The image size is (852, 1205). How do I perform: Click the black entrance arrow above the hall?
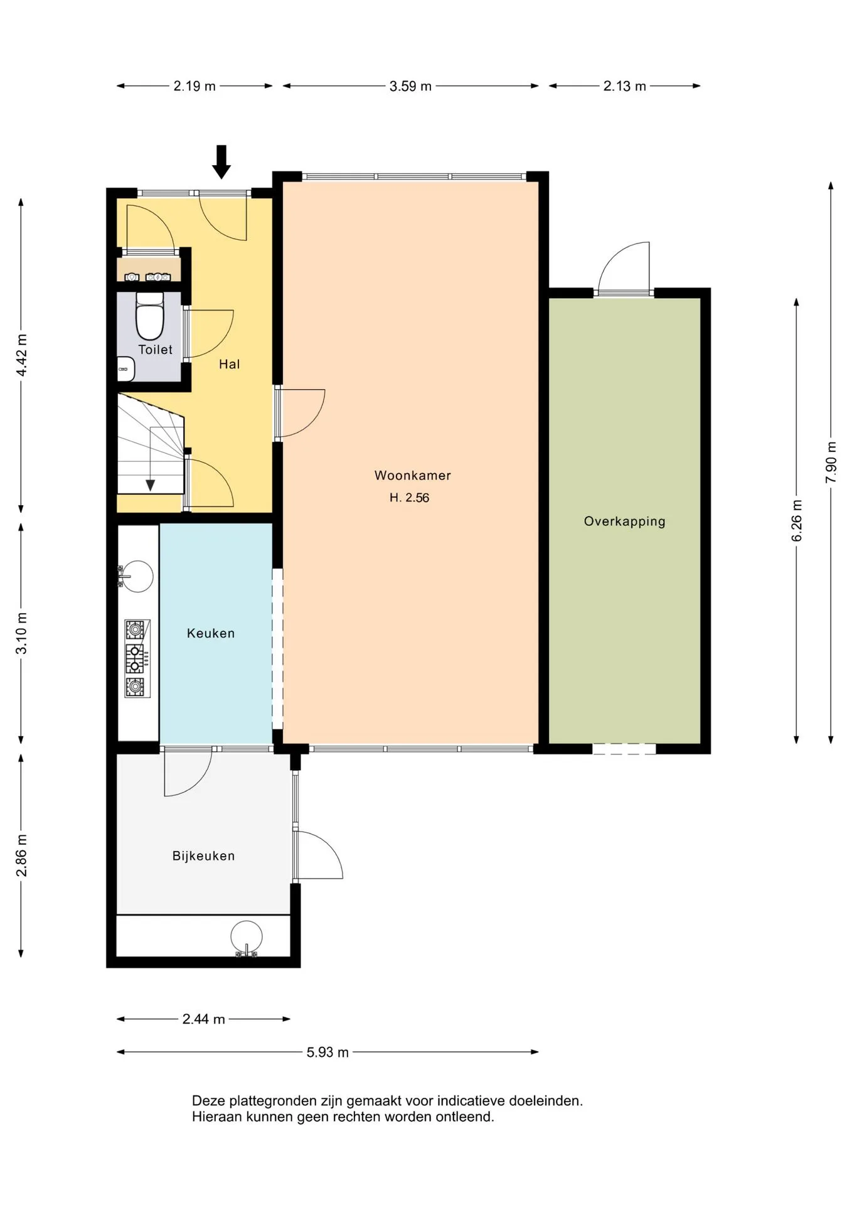tap(221, 162)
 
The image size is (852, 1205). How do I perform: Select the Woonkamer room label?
tap(413, 476)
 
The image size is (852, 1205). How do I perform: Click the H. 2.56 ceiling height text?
tap(409, 498)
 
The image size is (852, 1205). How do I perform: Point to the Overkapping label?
tap(624, 522)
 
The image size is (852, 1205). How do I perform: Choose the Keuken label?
tap(211, 633)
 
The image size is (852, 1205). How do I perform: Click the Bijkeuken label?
tap(203, 856)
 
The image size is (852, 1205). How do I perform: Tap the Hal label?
tap(229, 364)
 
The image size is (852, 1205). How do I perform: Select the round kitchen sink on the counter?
tap(136, 575)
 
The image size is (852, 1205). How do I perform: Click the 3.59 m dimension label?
tap(410, 87)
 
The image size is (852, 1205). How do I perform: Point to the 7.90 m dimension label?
tap(831, 463)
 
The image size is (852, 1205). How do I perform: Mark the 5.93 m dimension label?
tap(327, 1052)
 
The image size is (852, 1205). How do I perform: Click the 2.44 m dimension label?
tap(203, 1019)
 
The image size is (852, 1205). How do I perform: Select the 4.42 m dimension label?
tap(21, 355)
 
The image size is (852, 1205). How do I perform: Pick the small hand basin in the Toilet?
tap(126, 368)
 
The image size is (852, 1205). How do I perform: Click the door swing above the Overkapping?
tap(624, 268)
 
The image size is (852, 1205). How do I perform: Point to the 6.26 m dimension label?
tap(797, 521)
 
